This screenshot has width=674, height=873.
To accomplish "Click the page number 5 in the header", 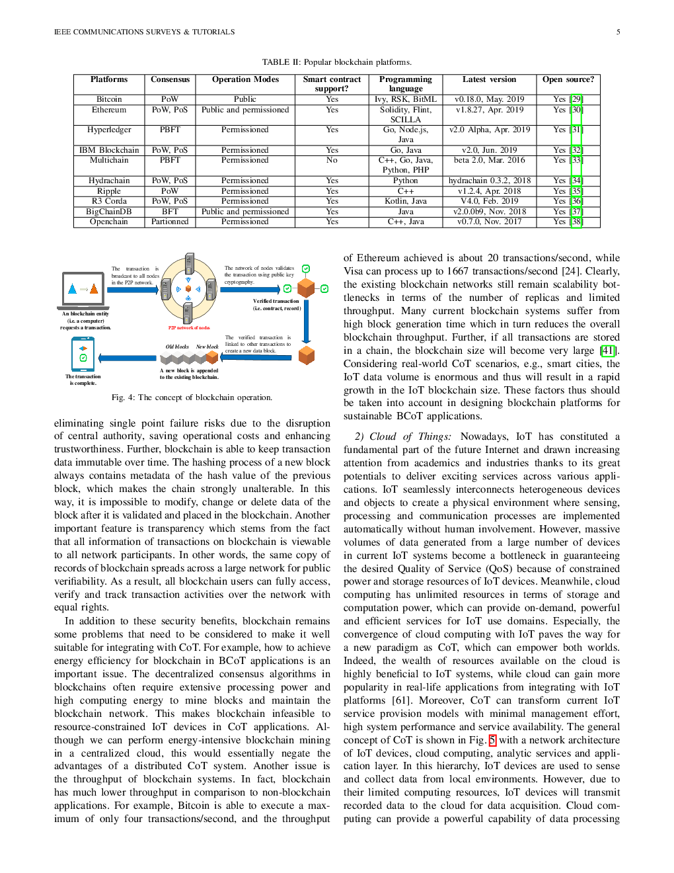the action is coord(618,32).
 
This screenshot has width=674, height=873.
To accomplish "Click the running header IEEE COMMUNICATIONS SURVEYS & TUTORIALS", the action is coord(145,32).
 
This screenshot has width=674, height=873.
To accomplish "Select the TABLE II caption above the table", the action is coord(337,62).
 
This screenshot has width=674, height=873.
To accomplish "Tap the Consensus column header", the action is coord(170,79).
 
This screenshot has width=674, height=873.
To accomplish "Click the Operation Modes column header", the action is coord(245,79).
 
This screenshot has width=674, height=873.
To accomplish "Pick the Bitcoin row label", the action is coord(109,99).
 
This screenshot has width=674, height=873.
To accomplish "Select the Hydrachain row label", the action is coord(109,181).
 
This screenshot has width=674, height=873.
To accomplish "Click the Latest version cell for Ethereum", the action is coord(490,110).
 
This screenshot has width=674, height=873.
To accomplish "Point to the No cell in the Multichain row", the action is coord(332,160).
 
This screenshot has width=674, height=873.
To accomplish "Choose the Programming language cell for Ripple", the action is coord(406,191).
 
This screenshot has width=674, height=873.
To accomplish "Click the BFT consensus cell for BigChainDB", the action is coord(170,212).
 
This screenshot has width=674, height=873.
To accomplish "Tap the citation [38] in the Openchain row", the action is coord(576,222).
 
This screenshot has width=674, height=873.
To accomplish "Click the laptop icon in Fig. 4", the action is coord(83,289).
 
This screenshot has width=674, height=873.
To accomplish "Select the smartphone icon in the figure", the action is coord(83,354).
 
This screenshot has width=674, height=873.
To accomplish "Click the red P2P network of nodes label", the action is coord(189,328).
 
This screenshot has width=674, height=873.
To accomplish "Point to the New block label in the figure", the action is coord(207,347).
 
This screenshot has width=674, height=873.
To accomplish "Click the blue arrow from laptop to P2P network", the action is coord(133,289).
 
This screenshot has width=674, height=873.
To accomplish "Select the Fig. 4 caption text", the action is coord(192,397).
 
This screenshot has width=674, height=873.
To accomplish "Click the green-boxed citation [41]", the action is coord(607,351).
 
